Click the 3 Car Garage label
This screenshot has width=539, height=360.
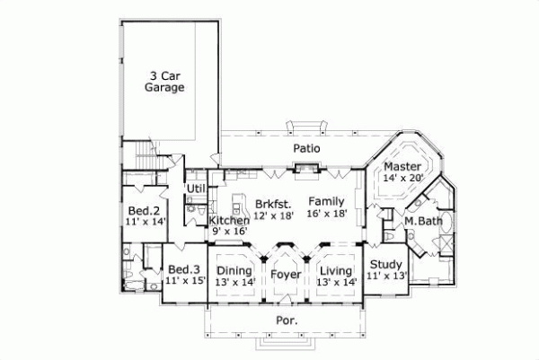(x=164, y=82)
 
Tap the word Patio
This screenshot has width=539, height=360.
(x=307, y=147)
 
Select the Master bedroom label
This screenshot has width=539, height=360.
(x=402, y=167)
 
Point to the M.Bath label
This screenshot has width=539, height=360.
(x=422, y=221)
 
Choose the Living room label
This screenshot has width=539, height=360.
(x=337, y=270)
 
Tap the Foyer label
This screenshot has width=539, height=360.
(x=287, y=270)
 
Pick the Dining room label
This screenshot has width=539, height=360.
(x=235, y=270)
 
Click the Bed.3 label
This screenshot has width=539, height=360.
(x=184, y=269)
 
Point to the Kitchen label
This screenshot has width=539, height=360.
(x=229, y=221)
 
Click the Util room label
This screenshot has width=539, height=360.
(x=196, y=188)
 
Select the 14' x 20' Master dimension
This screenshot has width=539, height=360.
(x=402, y=178)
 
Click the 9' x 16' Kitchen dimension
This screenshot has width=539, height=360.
(x=229, y=232)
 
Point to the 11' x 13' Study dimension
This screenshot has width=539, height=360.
(x=387, y=276)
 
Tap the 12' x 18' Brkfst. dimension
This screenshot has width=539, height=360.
(x=273, y=215)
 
